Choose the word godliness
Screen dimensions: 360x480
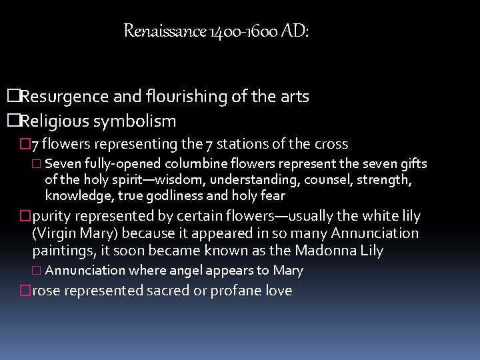[172, 196]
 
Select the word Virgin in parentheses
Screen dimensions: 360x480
[56, 233]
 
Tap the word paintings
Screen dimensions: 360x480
[62, 251]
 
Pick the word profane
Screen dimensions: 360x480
[235, 291]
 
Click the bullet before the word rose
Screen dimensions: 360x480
[25, 291]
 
